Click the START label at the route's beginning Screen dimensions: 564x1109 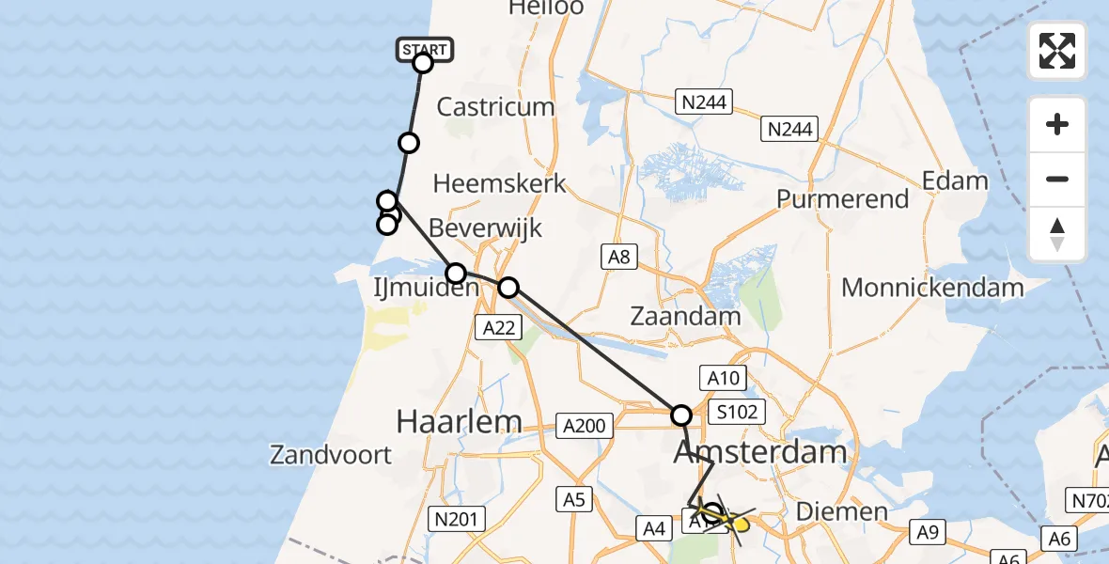pyautogui.click(x=425, y=49)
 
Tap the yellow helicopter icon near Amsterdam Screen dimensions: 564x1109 pyautogui.click(x=727, y=519)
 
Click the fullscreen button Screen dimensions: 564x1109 pyautogui.click(x=1057, y=51)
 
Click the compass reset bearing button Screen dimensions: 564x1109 pyautogui.click(x=1057, y=234)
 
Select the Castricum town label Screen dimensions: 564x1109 pyautogui.click(x=495, y=107)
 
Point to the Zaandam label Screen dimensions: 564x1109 pyautogui.click(x=685, y=316)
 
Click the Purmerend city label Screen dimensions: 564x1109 pyautogui.click(x=843, y=199)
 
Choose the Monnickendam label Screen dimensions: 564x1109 pyautogui.click(x=932, y=288)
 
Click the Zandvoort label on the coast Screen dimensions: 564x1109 pyautogui.click(x=331, y=456)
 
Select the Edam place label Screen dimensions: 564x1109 pyautogui.click(x=955, y=180)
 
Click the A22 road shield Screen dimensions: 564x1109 pyautogui.click(x=498, y=327)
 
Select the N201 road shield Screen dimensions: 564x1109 pyautogui.click(x=455, y=518)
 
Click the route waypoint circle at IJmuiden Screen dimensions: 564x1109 pyautogui.click(x=456, y=274)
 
